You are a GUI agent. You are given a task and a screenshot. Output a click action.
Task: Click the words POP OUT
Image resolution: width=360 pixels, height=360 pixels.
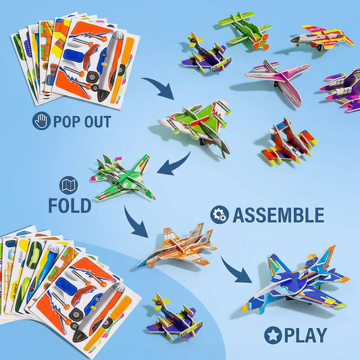82,121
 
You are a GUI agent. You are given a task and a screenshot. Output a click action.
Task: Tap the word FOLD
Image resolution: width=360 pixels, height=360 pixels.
70,205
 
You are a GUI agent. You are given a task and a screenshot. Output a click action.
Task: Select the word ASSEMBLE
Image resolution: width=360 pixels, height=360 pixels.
278,215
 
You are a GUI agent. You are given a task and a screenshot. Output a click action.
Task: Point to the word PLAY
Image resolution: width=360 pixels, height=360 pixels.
305,336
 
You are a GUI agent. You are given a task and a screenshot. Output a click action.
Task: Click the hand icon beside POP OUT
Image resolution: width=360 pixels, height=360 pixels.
41,121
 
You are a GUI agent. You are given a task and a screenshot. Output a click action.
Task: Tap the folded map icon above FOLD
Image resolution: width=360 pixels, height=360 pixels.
68,185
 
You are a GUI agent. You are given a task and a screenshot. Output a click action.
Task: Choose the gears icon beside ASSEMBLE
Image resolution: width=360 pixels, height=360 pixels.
220,215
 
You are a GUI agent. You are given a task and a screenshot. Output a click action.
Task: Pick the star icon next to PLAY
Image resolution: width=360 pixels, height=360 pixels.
274,335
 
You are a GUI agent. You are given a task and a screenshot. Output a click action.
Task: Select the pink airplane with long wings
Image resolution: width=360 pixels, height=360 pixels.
278,80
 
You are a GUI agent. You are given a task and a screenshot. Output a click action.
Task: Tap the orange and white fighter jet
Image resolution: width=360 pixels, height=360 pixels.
178,247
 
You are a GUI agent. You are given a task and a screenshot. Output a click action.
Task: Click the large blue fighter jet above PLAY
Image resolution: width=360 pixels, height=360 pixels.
297,280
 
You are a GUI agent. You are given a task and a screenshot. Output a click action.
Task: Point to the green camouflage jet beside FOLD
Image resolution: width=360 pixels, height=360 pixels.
123,178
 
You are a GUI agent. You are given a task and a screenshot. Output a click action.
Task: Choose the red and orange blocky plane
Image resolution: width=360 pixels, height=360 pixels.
289,143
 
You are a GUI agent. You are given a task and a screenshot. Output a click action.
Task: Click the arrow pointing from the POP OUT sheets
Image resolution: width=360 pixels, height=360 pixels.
161,87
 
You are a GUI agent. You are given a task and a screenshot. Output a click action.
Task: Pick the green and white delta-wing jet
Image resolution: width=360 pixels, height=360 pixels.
197,125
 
